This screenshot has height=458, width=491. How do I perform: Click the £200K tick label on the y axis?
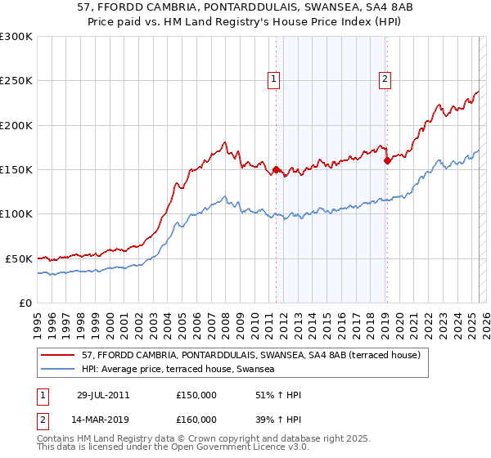click(16, 126)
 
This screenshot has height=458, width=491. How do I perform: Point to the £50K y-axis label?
click(19, 258)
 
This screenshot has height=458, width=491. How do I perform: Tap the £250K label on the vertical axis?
click(16, 82)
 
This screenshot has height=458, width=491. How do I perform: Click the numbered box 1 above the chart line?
click(273, 79)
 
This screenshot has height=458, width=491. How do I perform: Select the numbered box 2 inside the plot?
click(385, 79)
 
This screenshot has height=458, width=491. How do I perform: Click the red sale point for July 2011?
click(277, 170)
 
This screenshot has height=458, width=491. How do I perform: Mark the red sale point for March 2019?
click(387, 161)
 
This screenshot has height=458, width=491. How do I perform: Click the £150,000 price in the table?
click(196, 395)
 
